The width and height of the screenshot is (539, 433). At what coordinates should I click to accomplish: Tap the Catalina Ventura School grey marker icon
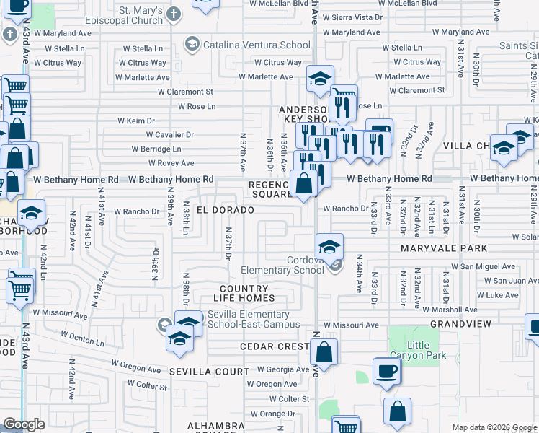click(191, 45)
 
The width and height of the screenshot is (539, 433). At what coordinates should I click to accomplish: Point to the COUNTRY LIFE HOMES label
click(247, 294)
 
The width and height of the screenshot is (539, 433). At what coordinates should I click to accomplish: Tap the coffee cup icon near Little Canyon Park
click(386, 372)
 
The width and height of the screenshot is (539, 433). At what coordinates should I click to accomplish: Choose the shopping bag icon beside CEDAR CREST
click(324, 353)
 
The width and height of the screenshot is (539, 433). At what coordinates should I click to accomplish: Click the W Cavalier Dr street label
click(169, 134)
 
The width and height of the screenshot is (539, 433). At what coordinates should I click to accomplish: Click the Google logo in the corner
click(24, 424)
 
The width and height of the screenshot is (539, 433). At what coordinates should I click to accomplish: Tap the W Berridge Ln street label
click(156, 149)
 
